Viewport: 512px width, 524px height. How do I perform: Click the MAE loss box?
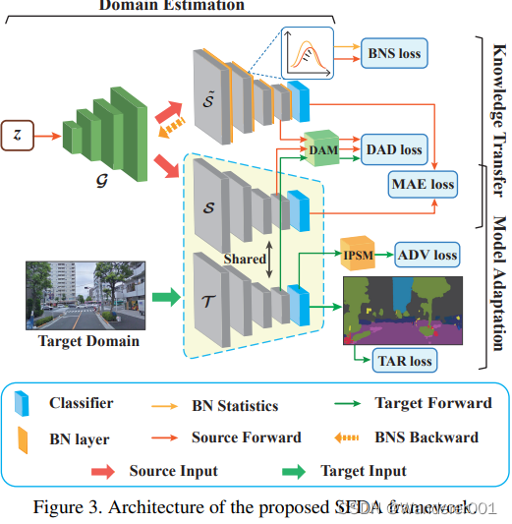click(423, 183)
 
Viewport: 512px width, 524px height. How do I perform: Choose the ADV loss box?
click(427, 255)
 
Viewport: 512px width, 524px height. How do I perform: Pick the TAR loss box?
click(403, 361)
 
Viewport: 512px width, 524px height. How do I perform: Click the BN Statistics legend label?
click(235, 405)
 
